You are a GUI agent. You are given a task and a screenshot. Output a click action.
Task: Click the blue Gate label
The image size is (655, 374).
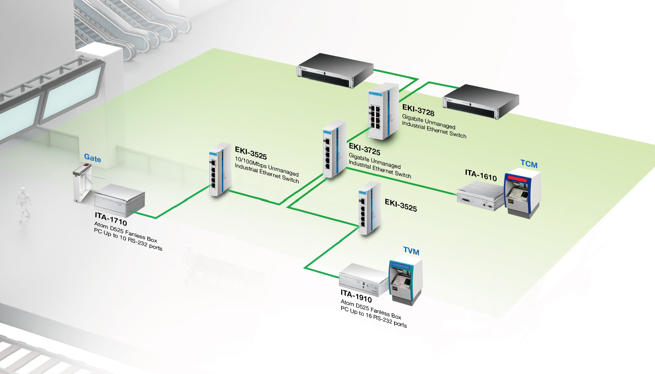[92, 158]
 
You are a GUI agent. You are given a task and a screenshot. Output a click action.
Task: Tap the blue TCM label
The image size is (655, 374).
[529, 164]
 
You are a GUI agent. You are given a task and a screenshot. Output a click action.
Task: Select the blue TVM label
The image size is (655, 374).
[411, 251]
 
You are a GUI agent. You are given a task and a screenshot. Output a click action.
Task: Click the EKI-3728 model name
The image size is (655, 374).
[418, 110]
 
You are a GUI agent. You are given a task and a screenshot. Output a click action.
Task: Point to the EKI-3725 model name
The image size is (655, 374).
[364, 149]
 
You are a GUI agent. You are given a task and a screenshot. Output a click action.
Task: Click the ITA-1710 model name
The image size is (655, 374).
[111, 219]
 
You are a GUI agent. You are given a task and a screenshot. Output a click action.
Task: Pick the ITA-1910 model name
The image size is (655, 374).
[356, 296]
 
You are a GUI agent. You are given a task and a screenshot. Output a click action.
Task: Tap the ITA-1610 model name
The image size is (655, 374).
[481, 175]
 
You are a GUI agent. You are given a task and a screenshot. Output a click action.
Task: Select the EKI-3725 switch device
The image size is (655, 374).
[334, 149]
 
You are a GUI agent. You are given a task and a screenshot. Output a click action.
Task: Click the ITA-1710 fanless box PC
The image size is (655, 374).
[119, 200]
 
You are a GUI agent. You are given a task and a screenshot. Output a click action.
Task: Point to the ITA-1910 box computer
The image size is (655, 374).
[364, 280]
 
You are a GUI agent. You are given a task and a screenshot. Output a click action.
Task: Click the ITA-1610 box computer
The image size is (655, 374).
[480, 195]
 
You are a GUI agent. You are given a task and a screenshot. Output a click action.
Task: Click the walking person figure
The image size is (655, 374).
[24, 202]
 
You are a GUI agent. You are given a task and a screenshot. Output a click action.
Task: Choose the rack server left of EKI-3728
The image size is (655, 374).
[334, 70]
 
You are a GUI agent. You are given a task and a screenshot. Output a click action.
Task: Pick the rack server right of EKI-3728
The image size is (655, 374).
[480, 101]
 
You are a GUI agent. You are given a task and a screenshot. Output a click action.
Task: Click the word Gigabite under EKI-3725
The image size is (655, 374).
[359, 157]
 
